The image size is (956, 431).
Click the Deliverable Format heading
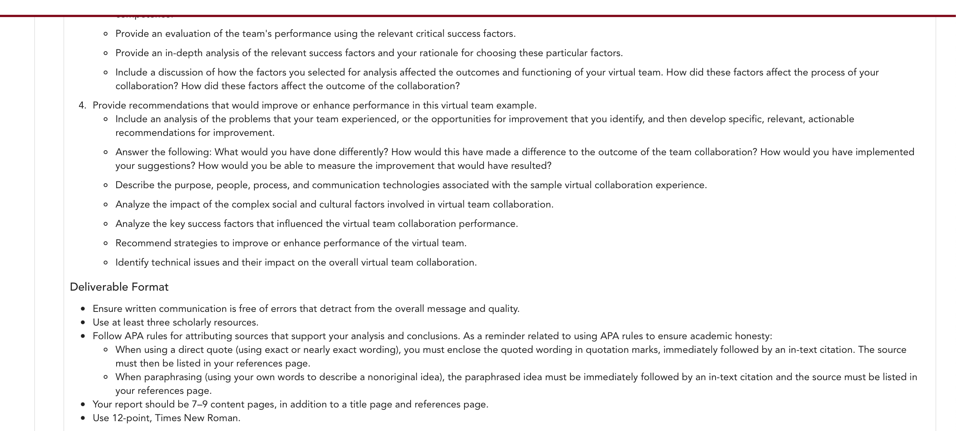(119, 287)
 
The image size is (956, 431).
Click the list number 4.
(82, 105)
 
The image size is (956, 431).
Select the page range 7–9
(199, 404)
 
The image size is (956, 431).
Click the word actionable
(831, 119)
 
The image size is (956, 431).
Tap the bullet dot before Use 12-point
(83, 418)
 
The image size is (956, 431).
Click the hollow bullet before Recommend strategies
(106, 243)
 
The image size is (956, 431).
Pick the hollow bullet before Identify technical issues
(106, 263)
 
